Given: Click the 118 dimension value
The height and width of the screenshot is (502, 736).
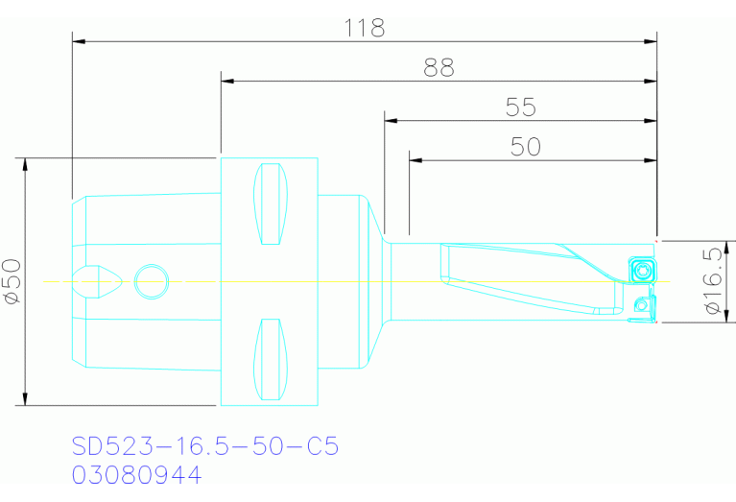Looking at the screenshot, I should coord(365,28).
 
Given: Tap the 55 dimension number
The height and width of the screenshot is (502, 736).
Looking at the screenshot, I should coord(520,107).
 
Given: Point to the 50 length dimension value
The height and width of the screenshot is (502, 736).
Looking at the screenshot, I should coord(525,146).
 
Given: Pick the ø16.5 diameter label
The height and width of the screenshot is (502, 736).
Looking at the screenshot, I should coord(711,281).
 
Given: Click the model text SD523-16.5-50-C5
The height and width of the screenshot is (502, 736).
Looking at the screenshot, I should coord(205,446).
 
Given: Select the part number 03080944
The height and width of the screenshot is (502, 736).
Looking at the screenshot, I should coord(136,475).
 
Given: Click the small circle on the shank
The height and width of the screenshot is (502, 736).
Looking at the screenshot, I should coord(151,281).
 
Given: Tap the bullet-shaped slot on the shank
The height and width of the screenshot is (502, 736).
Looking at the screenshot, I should coord(99,281).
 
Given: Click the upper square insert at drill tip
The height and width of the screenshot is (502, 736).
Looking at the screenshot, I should coord(641,271).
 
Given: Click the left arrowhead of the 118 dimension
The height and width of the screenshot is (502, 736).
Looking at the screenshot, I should coord(79,41).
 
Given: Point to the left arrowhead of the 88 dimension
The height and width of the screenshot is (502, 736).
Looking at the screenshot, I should coord(227,82).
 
